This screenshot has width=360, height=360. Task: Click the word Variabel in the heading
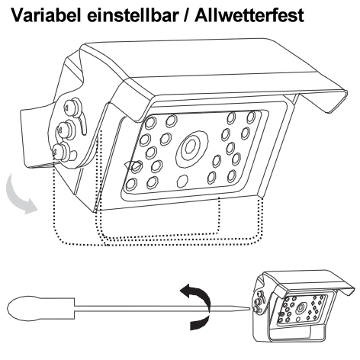46,15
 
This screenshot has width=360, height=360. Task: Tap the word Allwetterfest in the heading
249,15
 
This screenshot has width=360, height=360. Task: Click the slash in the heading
186,15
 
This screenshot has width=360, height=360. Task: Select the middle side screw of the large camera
66,130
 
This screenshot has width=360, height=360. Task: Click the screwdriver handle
41,307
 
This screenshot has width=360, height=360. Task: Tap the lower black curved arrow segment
200,323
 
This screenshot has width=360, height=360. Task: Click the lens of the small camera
301,308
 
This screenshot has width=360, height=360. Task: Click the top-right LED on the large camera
251,117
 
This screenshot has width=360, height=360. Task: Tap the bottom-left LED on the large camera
131,185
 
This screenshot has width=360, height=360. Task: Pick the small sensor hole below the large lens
182,182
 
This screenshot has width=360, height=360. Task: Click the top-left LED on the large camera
151,123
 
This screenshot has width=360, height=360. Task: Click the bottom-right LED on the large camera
232,176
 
